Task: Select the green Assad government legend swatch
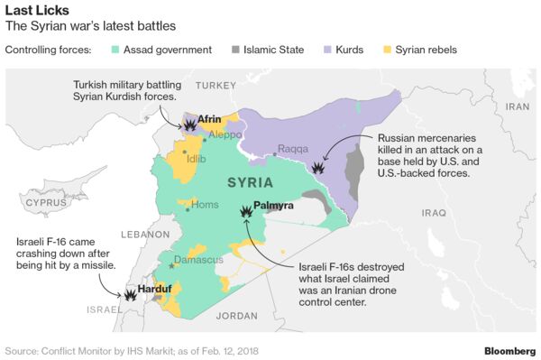(x=115, y=50)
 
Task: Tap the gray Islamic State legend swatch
(x=237, y=50)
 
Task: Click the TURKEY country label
(x=216, y=85)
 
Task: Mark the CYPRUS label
(x=47, y=204)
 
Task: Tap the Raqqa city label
(x=293, y=149)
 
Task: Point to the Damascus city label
(x=197, y=260)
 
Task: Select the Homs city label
(x=206, y=205)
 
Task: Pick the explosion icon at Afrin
(x=189, y=125)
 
